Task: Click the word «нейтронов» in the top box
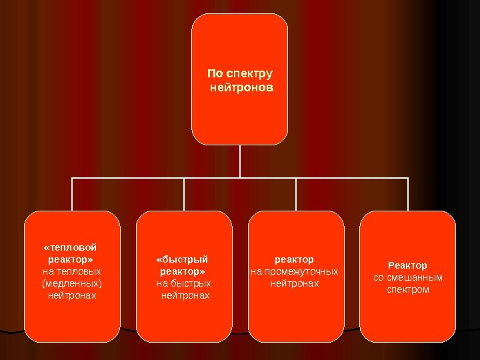[x=241, y=87]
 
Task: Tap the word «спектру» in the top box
[x=250, y=73]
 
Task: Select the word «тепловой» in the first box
[x=74, y=247]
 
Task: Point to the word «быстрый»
[x=184, y=259]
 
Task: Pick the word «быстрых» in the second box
[x=190, y=283]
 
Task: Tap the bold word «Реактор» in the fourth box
[x=407, y=265]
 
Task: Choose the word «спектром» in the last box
[x=407, y=289]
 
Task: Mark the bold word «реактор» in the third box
[x=294, y=259]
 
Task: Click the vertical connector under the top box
[x=239, y=161]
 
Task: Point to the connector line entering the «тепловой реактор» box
[x=72, y=195]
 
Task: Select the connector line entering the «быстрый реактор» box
[x=184, y=195]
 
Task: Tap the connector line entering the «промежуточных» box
[x=296, y=195]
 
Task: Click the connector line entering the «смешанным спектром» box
[x=407, y=195]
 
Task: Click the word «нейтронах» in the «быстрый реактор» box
[x=185, y=295]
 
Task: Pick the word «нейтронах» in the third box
[x=294, y=283]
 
